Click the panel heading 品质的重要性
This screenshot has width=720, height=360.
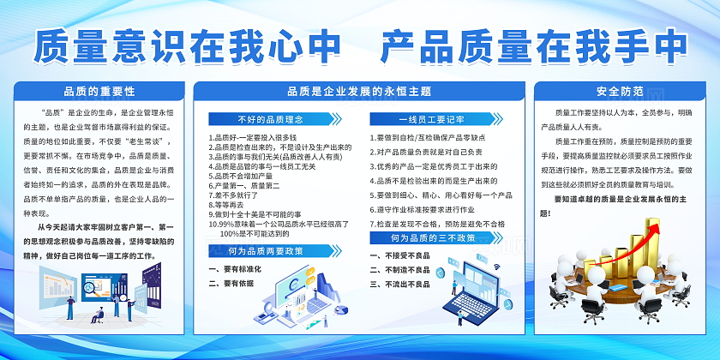tap(99, 91)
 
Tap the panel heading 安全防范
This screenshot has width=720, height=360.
tap(619, 91)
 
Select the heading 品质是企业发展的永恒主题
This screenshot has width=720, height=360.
tap(359, 91)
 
